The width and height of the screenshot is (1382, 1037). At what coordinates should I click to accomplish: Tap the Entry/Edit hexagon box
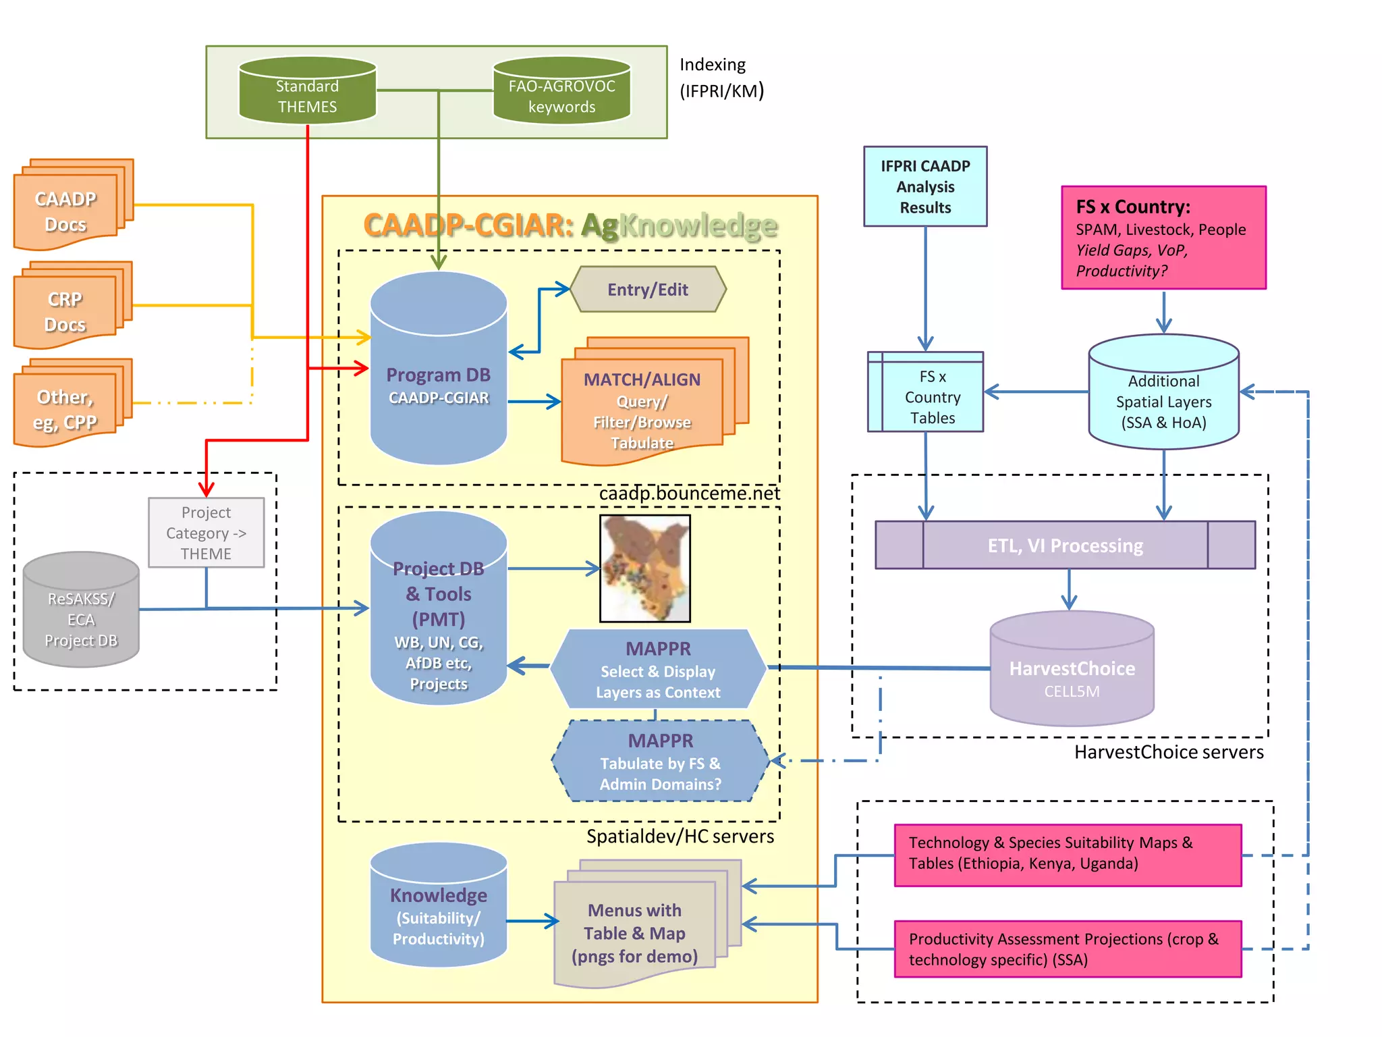coord(648,290)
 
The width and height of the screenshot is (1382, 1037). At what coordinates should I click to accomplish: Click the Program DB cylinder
coord(439,378)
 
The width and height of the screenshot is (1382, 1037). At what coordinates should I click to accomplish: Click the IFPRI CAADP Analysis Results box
coord(925,186)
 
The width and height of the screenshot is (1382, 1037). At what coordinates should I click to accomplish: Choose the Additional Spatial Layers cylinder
coord(1163,398)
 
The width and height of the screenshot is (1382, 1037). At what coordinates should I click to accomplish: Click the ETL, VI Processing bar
coord(1065,545)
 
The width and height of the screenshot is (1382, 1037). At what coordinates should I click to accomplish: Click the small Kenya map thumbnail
coord(645,568)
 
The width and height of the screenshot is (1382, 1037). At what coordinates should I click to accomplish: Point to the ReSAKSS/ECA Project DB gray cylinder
coord(81,614)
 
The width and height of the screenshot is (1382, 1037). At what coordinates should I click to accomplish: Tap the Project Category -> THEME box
coord(206,533)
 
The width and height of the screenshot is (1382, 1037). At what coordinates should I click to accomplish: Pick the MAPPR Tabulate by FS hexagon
coord(660,762)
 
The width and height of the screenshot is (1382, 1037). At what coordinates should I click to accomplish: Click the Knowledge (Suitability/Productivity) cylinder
coord(439,908)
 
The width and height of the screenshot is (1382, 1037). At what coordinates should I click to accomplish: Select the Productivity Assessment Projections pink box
coord(1068,949)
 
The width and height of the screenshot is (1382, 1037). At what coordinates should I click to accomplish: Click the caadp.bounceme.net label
coord(689,494)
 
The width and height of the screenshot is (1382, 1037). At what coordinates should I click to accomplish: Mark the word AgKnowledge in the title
coord(680,225)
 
